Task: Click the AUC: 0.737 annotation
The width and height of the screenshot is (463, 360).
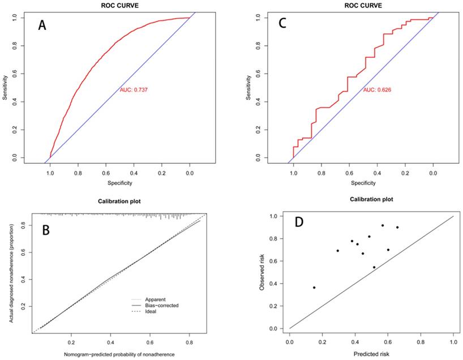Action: tap(134, 90)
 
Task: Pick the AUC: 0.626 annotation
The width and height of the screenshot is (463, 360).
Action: tap(376, 90)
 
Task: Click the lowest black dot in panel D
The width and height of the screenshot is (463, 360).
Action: tap(314, 288)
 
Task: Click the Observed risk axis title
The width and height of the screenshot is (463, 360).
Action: tap(262, 271)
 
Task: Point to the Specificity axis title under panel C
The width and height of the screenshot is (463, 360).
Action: tap(363, 183)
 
